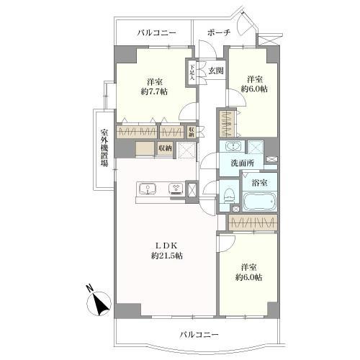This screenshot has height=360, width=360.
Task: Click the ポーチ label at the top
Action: click(x=219, y=33)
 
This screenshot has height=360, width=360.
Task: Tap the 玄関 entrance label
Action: click(x=216, y=71)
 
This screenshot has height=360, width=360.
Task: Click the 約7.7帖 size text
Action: click(x=154, y=93)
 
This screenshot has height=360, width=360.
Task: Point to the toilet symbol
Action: click(x=228, y=194)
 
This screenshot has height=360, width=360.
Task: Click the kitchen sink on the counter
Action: click(x=149, y=190)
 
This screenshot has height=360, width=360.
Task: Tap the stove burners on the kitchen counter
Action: click(x=174, y=190)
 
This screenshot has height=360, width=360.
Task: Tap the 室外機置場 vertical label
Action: click(x=104, y=148)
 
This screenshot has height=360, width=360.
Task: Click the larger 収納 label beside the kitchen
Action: click(x=166, y=149)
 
